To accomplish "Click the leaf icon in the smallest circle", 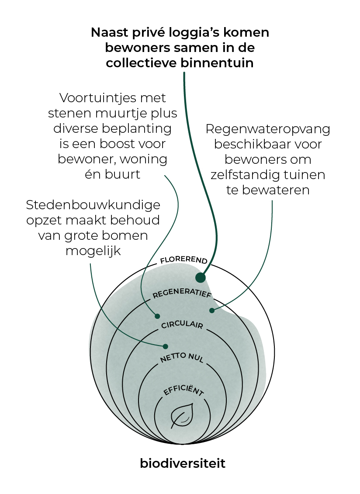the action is pos(182,415).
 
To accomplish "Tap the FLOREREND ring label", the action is pos(183,260).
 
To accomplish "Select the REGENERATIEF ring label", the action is pos(182,293).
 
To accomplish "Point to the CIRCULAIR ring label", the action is pos(182,325).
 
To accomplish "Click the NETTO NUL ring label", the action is pos(182,357).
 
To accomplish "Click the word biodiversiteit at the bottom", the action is pos(183,463).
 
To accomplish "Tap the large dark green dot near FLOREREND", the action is pos(201,277).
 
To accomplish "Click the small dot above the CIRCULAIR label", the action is pos(157,316).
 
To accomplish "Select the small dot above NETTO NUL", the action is pos(165,346).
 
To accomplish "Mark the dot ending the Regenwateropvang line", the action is pos(212,310).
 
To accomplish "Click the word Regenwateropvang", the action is pos(268,129).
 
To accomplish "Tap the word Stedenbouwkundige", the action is pos(93,205).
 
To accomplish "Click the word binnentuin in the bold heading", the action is pos(217,63).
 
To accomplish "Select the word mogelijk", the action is pos(93,252).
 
